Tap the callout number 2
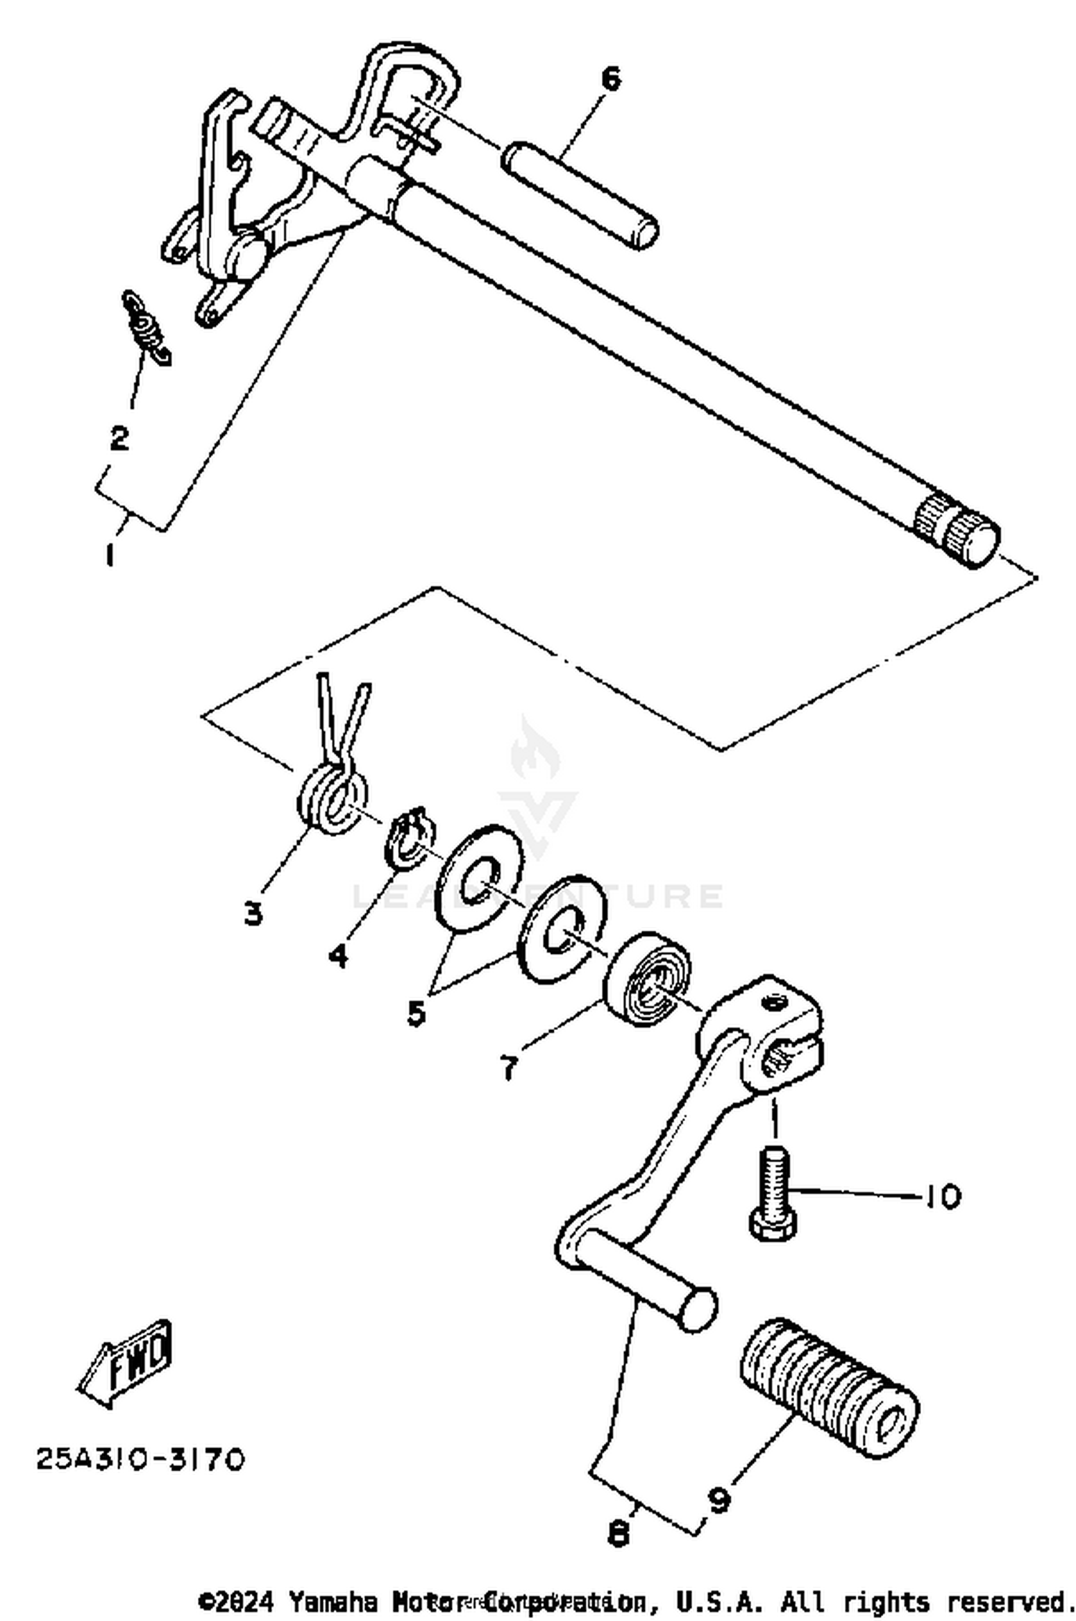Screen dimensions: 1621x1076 [119, 437]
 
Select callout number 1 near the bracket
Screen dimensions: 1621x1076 [109, 554]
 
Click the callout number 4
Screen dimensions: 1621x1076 [338, 955]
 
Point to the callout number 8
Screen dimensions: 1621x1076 [618, 1533]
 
